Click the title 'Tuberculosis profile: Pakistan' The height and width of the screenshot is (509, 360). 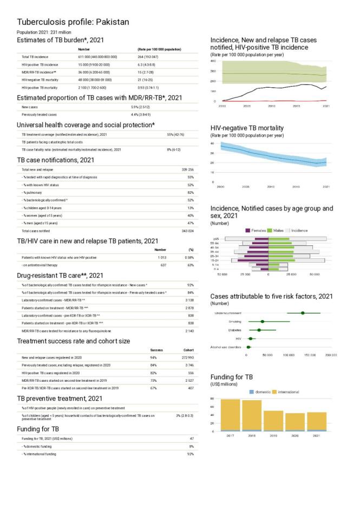[x=73, y=22]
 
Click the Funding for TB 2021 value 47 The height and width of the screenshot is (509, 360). [x=191, y=438]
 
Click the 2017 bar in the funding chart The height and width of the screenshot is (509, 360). [x=231, y=415]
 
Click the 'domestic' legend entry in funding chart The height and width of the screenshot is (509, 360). [x=262, y=391]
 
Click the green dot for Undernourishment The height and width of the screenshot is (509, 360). [x=303, y=313]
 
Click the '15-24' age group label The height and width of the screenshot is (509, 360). [x=216, y=260]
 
